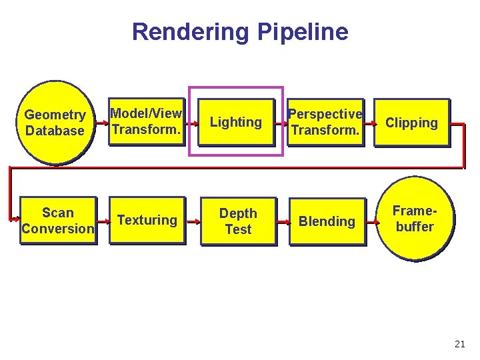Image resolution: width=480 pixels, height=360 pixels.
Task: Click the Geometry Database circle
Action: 55,123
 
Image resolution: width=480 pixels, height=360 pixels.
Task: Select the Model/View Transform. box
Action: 146,122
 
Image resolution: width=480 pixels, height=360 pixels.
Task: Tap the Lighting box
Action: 236,122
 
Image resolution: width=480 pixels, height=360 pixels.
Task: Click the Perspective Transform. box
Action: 325,122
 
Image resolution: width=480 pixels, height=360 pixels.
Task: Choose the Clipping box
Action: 411,123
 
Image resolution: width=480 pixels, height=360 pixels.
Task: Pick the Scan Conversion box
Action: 58,221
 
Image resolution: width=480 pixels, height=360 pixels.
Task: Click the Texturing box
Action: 147,221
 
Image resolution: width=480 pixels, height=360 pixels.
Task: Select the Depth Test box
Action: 238,221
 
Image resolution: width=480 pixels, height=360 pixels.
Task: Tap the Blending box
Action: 327,221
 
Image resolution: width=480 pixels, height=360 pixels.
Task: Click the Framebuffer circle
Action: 415,219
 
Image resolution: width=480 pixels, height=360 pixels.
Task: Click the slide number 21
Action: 459,344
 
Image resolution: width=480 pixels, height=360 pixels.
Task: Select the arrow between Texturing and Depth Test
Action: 193,219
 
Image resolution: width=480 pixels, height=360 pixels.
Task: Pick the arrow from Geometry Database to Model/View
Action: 101,123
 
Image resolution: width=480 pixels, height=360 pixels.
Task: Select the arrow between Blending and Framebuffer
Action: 371,219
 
